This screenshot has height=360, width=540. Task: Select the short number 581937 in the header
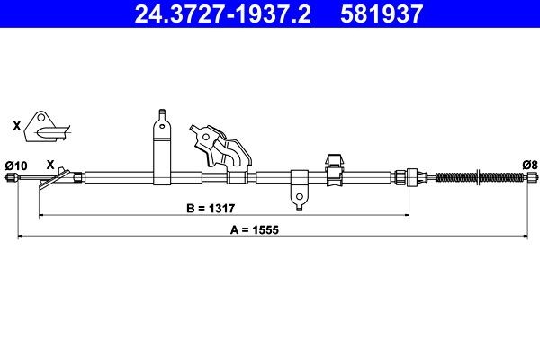[x=378, y=13]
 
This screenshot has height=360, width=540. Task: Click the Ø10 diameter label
[x=17, y=164]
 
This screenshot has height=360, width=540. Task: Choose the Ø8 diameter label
[x=530, y=164]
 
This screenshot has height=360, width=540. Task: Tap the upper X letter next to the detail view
[x=16, y=127]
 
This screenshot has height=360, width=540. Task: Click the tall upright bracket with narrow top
[x=161, y=148]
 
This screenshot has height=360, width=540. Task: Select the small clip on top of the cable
[x=332, y=163]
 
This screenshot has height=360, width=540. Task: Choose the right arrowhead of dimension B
[x=410, y=216]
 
